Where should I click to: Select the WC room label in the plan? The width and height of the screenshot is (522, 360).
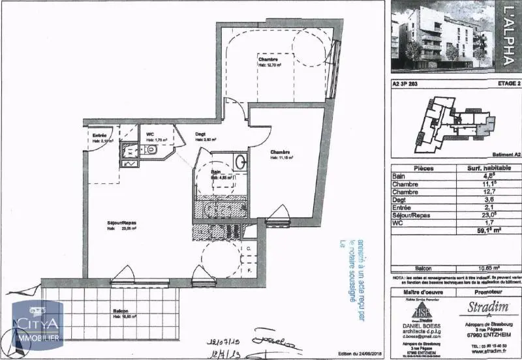150,134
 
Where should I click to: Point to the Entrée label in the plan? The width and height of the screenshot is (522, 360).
99,135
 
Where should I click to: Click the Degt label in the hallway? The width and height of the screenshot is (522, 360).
201,135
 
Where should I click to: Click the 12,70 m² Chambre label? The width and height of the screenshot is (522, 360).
268,59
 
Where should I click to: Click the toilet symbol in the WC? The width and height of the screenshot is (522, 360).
151,149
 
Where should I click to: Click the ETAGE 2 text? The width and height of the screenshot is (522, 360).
502,83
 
